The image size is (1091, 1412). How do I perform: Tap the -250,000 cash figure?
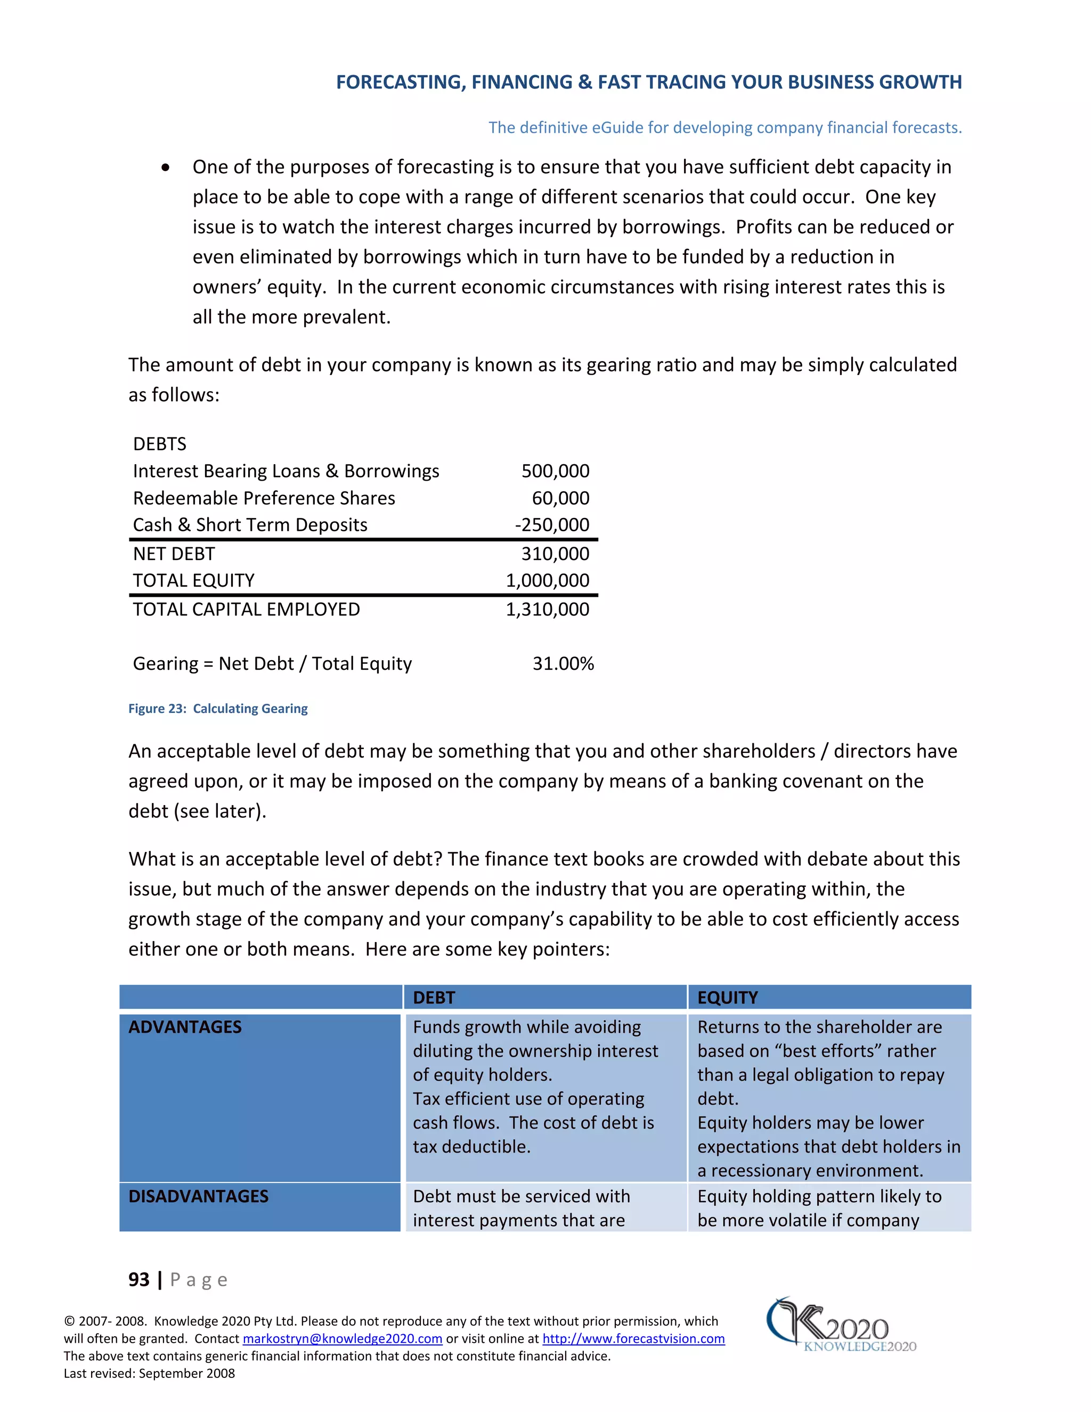tap(551, 524)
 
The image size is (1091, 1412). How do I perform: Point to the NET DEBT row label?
tap(173, 554)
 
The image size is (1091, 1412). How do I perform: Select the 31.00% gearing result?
tap(563, 663)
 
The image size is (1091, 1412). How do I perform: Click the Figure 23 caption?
tap(217, 709)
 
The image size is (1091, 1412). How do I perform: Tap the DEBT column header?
tap(434, 997)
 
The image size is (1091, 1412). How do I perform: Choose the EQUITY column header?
tap(727, 997)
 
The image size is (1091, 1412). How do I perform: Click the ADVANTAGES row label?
tap(185, 1027)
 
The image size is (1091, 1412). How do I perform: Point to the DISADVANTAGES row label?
tap(198, 1196)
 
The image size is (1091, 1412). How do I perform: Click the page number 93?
tap(139, 1279)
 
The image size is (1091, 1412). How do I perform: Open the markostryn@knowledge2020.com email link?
tap(342, 1339)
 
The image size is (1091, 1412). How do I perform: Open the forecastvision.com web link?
tap(633, 1339)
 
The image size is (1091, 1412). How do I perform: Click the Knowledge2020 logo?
tap(840, 1325)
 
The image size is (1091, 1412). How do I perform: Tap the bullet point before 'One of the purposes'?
tap(166, 167)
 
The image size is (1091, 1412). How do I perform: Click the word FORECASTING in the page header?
tap(399, 82)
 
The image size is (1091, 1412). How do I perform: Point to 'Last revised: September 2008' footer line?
tap(149, 1373)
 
